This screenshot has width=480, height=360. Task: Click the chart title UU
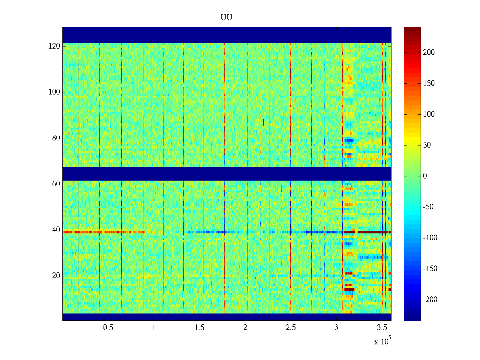(x=226, y=18)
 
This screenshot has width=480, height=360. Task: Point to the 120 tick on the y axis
(x=54, y=46)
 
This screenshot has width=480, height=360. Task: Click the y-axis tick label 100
(x=54, y=92)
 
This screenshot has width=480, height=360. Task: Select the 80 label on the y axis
(x=56, y=138)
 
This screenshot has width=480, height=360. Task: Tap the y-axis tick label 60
(x=56, y=184)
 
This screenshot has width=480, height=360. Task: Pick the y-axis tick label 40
(x=56, y=230)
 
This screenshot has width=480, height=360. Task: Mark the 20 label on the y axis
(x=56, y=276)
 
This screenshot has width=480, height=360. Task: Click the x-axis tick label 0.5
(x=108, y=328)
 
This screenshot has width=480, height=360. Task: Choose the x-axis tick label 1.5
(x=199, y=328)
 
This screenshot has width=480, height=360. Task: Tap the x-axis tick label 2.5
(x=291, y=328)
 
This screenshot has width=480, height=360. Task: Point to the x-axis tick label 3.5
(x=382, y=328)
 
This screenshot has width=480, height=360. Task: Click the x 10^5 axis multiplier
(x=382, y=341)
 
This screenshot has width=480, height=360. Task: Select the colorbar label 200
(x=429, y=52)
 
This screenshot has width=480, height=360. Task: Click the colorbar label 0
(x=425, y=176)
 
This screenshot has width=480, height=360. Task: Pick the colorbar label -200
(x=430, y=300)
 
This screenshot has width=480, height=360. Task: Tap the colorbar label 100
(x=429, y=114)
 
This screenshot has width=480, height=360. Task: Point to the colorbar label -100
(x=430, y=238)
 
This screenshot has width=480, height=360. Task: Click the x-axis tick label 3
(x=336, y=328)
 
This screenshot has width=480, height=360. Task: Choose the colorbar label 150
(x=429, y=83)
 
